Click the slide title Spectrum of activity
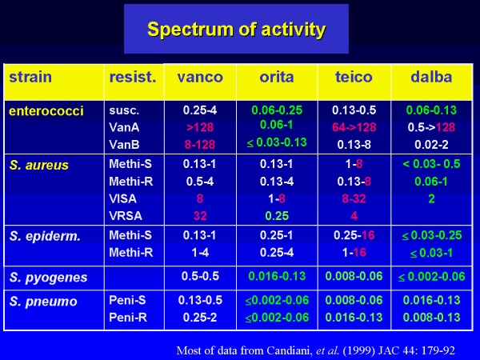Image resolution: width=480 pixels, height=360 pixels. pyautogui.click(x=236, y=30)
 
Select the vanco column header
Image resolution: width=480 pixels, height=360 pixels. pyautogui.click(x=200, y=77)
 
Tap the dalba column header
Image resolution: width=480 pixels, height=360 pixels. pyautogui.click(x=431, y=77)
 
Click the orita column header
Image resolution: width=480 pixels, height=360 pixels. pyautogui.click(x=277, y=77)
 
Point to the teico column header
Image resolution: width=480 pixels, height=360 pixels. pyautogui.click(x=354, y=77)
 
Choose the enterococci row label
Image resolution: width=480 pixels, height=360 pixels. pyautogui.click(x=46, y=111)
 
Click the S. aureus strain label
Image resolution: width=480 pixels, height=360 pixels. pyautogui.click(x=39, y=165)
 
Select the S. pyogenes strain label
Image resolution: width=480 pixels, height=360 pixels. pyautogui.click(x=48, y=278)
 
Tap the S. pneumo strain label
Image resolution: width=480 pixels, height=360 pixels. pyautogui.click(x=43, y=302)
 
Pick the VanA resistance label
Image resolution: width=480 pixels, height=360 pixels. pyautogui.click(x=124, y=127)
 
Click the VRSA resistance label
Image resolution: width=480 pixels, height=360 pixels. pyautogui.click(x=126, y=216)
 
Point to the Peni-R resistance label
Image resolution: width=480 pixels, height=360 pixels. pyautogui.click(x=128, y=318)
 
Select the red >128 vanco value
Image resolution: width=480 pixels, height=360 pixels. pyautogui.click(x=200, y=127)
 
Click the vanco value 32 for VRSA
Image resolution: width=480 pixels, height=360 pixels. pyautogui.click(x=200, y=216)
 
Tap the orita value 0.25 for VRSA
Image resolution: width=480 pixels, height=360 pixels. pyautogui.click(x=277, y=216)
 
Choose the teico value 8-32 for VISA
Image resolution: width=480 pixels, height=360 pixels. pyautogui.click(x=354, y=198)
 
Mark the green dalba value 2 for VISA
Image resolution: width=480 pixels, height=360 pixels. pyautogui.click(x=432, y=198)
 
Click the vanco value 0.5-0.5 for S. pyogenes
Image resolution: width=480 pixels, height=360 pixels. pyautogui.click(x=200, y=276)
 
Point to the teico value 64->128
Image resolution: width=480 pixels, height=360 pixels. pyautogui.click(x=354, y=127)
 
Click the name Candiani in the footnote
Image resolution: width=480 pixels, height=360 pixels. pyautogui.click(x=289, y=350)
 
